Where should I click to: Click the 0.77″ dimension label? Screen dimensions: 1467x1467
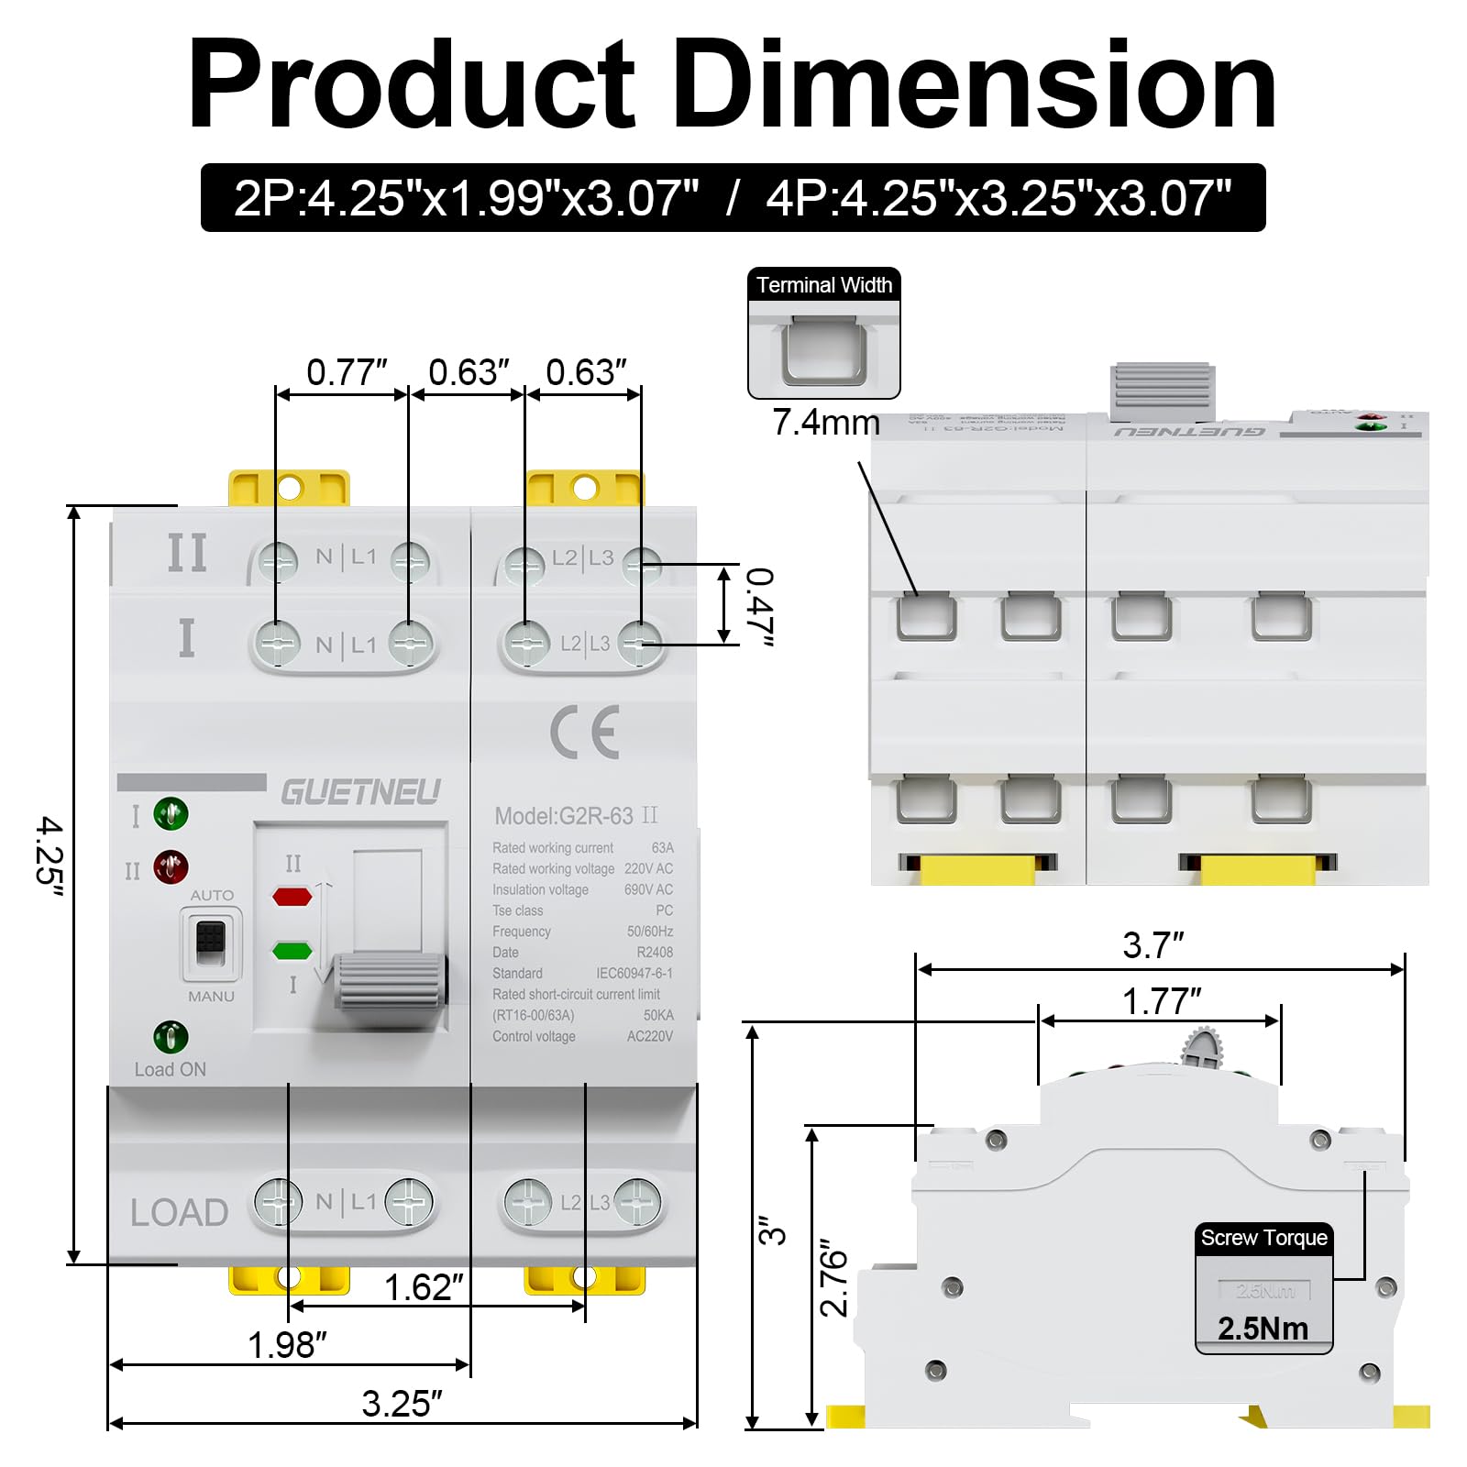pos(346,372)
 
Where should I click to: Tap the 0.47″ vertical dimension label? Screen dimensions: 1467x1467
pos(759,606)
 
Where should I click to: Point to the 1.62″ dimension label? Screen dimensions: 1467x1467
pos(423,1287)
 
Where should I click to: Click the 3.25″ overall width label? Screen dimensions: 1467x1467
pos(402,1404)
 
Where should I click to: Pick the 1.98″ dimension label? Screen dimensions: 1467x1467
pos(287,1345)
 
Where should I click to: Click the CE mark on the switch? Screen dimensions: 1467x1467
pos(585,733)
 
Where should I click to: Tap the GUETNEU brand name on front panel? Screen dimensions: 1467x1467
pos(360,792)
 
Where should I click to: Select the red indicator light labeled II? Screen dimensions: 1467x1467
pos(171,866)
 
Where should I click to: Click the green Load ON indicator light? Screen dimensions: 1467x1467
pos(171,1037)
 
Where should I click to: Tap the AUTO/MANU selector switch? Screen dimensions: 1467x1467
pos(211,943)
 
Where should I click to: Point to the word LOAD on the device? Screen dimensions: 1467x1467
pos(179,1212)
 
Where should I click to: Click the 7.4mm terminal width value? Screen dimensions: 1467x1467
pos(825,422)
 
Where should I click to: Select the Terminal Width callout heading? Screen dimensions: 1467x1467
pos(823,285)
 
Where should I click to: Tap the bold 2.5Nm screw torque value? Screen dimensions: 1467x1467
pos(1263,1329)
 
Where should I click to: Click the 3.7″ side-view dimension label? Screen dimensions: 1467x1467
pos(1153,945)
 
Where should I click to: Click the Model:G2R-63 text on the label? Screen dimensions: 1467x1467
pos(564,816)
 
